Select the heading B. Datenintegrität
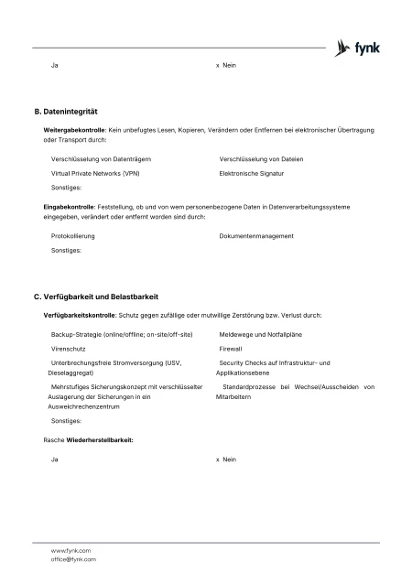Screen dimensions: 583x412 click(x=65, y=111)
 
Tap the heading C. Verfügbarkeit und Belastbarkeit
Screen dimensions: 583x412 click(x=95, y=297)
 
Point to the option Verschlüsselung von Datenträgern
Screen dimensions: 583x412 click(x=101, y=159)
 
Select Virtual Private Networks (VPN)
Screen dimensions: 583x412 click(x=95, y=172)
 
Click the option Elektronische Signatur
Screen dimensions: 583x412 click(x=252, y=172)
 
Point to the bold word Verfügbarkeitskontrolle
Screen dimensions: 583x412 click(x=80, y=315)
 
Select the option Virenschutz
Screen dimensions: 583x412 click(x=69, y=349)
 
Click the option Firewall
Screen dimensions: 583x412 click(x=231, y=349)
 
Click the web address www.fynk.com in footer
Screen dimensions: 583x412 click(x=70, y=550)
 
